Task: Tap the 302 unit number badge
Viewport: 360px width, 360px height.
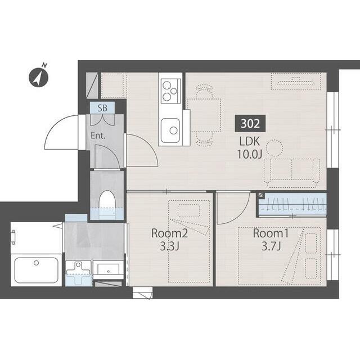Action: tap(250, 124)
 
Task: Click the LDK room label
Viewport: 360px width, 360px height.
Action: tap(249, 141)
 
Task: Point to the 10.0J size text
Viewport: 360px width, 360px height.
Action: tap(249, 155)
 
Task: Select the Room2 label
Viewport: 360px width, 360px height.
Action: tap(169, 233)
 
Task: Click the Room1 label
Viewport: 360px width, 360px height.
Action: tap(271, 233)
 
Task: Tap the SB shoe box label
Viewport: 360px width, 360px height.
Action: tap(102, 108)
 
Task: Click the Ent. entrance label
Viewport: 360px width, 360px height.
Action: tap(98, 136)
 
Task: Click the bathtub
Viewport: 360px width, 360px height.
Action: tap(36, 270)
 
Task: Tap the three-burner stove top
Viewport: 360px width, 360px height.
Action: tap(170, 91)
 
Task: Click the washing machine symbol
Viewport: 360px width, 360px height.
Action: tap(79, 274)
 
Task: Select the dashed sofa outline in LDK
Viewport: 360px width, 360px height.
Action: tap(292, 171)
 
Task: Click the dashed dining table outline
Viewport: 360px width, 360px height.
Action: tap(204, 115)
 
